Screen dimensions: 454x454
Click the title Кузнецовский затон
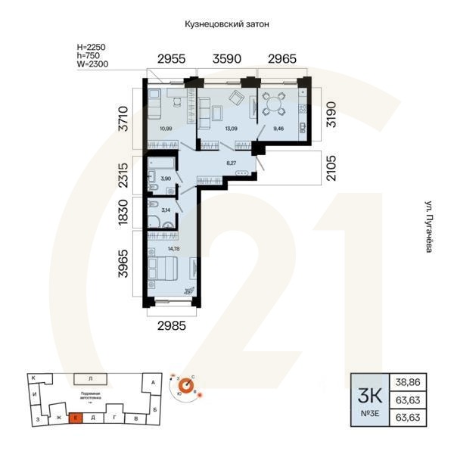pos(227,24)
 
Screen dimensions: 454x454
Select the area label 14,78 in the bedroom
pos(173,248)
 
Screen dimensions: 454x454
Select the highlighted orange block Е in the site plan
pos(76,417)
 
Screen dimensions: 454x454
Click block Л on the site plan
pos(89,378)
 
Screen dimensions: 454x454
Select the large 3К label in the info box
pos(369,393)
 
